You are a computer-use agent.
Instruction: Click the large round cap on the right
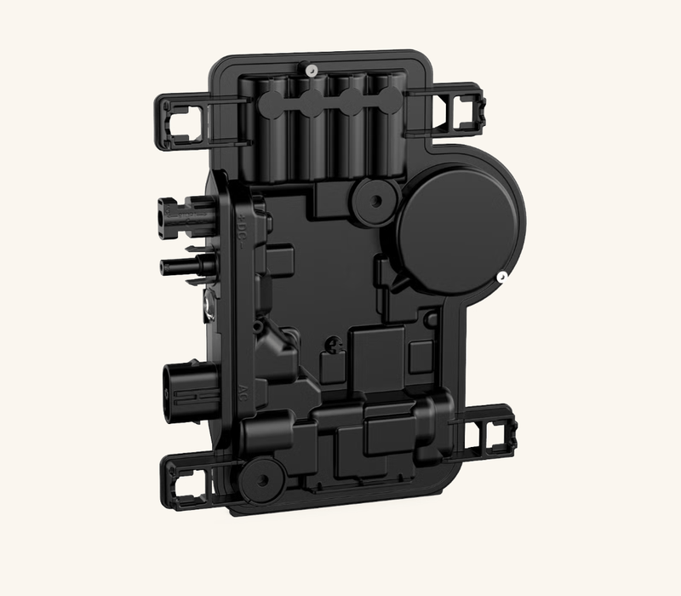coord(460,230)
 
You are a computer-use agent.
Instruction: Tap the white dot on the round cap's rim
coord(503,276)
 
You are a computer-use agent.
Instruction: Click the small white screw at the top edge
coord(312,68)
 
